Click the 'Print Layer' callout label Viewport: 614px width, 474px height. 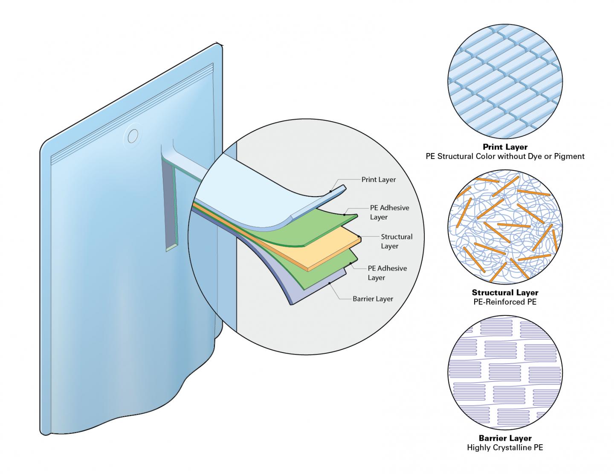378,179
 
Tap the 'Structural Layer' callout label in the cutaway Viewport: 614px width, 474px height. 396,241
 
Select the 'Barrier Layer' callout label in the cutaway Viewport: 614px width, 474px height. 373,299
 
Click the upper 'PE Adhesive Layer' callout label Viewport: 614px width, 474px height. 389,212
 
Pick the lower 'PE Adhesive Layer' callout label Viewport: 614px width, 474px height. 387,273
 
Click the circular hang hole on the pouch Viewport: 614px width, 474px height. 133,136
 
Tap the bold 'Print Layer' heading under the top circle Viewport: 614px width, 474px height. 505,147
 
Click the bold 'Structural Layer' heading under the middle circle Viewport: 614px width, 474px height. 505,292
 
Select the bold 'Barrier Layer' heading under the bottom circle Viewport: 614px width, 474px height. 505,438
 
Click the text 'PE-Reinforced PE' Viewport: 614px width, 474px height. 505,302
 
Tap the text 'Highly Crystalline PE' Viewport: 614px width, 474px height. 505,448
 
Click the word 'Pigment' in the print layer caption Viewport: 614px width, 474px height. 569,156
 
